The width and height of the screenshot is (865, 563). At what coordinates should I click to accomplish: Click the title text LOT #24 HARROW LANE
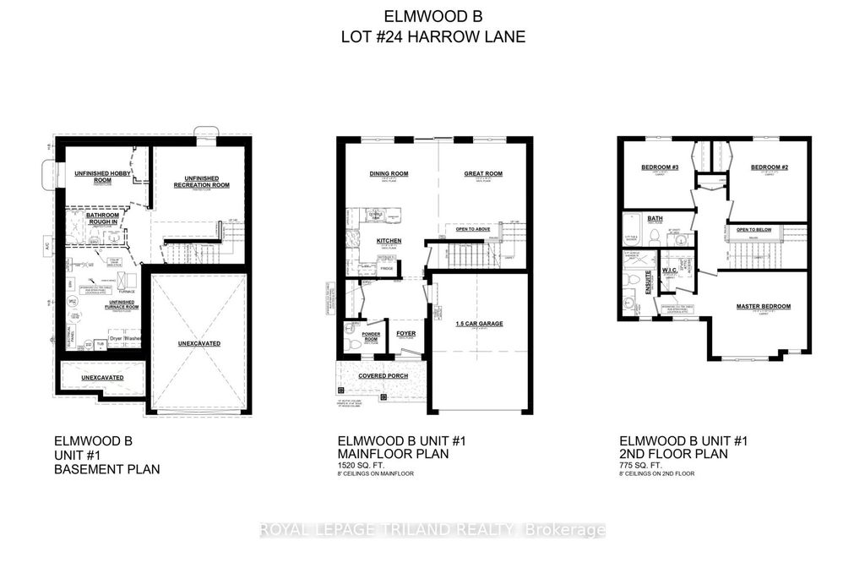[x=432, y=36]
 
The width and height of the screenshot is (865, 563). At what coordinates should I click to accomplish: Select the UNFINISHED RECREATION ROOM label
[x=202, y=183]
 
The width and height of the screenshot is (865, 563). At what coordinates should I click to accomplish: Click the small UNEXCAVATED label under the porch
[x=101, y=377]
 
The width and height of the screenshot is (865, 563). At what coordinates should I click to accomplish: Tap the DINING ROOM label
[x=389, y=174]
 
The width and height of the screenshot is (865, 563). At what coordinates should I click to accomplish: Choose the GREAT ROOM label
[x=483, y=174]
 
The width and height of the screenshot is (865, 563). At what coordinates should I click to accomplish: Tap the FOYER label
[x=405, y=334]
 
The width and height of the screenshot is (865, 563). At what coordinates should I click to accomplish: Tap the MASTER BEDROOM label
[x=764, y=306]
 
